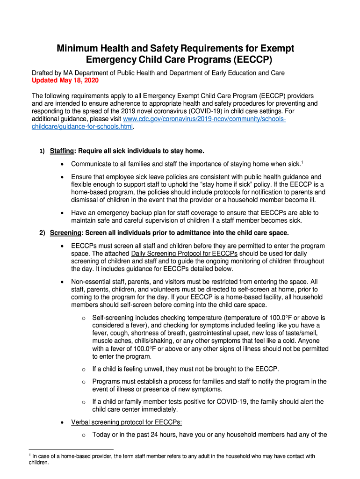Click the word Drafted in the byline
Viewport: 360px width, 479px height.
43,73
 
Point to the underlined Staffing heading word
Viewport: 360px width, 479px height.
62,151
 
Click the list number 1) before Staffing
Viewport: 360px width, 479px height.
42,151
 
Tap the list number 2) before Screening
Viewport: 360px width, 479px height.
42,232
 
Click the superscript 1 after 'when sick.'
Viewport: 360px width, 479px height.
302,162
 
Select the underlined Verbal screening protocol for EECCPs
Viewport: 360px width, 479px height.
126,422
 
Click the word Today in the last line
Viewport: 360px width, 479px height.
101,435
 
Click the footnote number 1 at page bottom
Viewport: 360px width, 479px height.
29,455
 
